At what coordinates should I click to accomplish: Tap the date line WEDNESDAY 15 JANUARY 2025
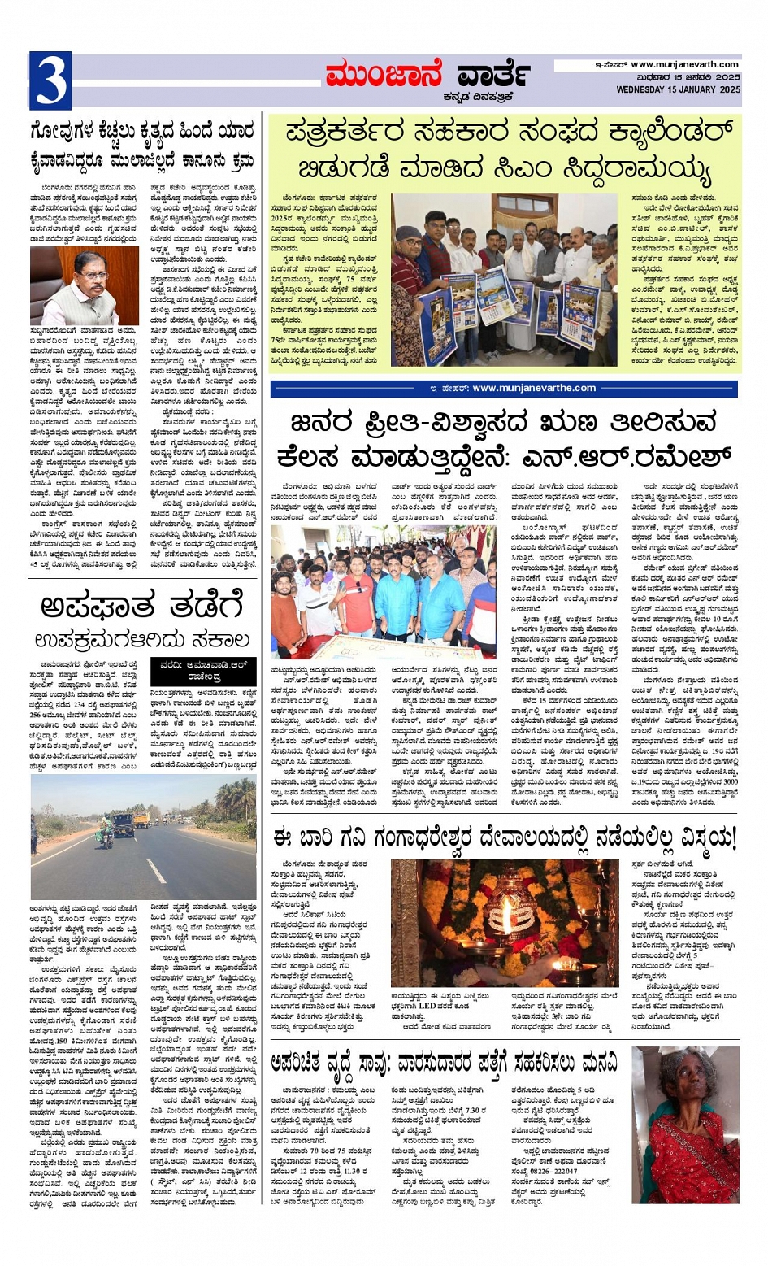pos(678,89)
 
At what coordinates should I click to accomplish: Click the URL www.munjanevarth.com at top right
pos(684,64)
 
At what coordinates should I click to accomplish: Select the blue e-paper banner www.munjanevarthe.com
pos(504,389)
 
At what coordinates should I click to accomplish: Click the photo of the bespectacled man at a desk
pos(85,285)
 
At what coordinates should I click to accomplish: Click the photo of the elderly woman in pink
pos(685,1124)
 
